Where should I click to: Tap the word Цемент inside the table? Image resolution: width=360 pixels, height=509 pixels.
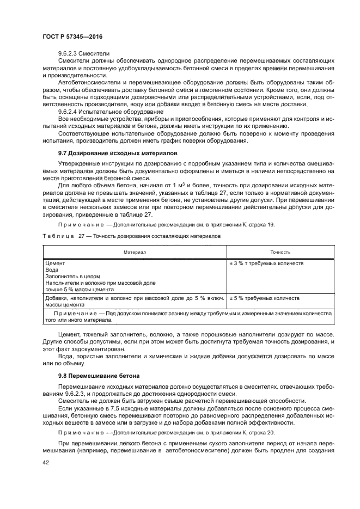(x=55, y=263)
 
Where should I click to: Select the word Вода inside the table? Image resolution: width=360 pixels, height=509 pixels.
(x=52, y=270)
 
